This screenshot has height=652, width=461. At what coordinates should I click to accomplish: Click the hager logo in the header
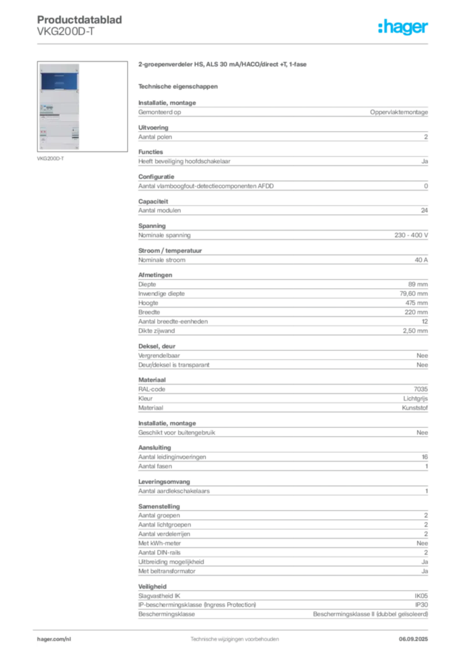402,27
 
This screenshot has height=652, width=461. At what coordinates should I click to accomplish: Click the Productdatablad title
80,20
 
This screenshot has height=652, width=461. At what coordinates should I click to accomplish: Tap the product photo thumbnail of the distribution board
82,106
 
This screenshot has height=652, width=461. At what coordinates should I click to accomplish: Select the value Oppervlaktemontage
399,112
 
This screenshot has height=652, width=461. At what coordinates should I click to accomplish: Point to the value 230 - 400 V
411,236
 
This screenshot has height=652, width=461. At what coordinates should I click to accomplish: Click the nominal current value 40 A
421,260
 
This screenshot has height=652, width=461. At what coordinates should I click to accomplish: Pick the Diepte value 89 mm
418,285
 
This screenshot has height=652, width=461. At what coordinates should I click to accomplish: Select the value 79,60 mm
414,294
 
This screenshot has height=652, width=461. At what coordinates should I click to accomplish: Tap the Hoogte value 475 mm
416,303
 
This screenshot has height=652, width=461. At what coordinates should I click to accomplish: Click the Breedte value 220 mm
416,312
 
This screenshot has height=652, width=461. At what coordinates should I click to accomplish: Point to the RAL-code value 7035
421,389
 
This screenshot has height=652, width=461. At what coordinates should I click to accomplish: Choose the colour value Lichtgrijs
415,399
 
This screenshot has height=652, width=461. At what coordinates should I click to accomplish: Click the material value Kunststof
415,408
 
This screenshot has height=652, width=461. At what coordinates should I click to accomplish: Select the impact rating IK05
421,596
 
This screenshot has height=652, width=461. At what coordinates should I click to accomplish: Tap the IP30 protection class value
422,605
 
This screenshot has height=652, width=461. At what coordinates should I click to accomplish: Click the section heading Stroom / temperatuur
170,251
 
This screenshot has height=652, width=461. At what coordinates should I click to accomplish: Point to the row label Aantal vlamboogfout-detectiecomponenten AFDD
206,187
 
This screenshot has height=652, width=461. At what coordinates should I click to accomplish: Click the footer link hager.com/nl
54,639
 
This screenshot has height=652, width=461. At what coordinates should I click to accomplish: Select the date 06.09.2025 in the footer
413,639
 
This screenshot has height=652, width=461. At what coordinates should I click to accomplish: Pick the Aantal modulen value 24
425,211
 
